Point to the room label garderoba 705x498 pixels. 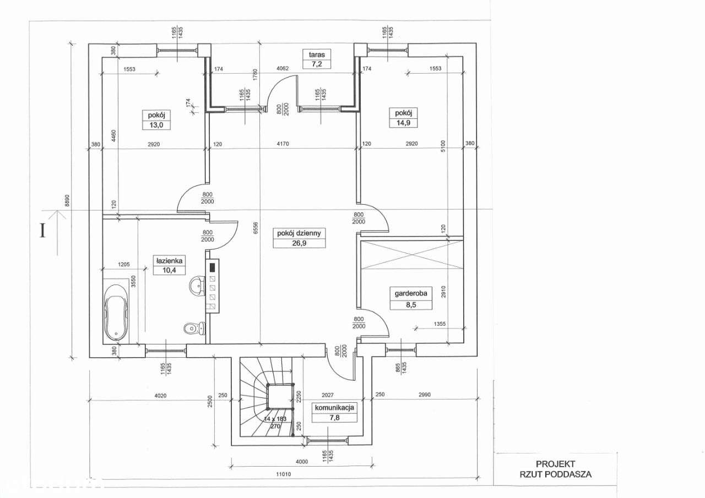click(411, 293)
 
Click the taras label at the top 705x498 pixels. click(317, 54)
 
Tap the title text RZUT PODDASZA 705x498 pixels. click(556, 474)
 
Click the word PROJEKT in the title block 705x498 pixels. click(556, 464)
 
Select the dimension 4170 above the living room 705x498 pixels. click(283, 144)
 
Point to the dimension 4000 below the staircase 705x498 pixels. click(301, 462)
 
